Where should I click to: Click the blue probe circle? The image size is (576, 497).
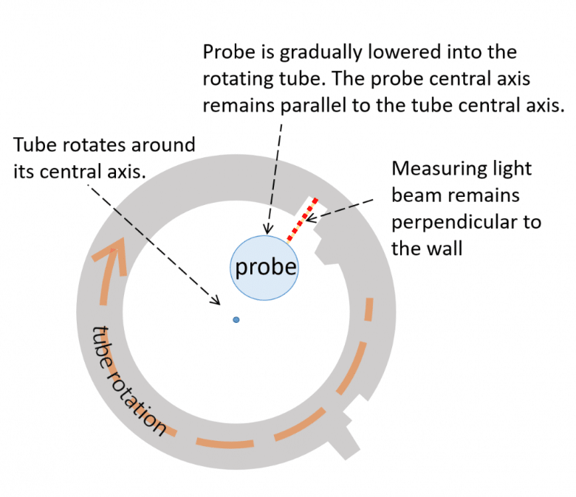tap(264, 268)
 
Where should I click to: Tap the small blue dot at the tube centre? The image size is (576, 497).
tap(236, 320)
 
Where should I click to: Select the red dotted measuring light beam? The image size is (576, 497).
tap(303, 220)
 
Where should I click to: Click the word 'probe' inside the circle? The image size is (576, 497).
tap(266, 267)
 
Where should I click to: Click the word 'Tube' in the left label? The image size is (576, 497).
tap(35, 145)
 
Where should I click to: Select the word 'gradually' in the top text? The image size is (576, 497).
tap(320, 53)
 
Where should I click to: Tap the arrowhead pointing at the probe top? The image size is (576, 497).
tap(268, 229)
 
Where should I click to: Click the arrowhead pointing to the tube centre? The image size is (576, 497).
tap(216, 300)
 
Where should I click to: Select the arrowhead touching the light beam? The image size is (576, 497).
tap(310, 218)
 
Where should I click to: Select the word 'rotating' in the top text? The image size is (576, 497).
tap(238, 79)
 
